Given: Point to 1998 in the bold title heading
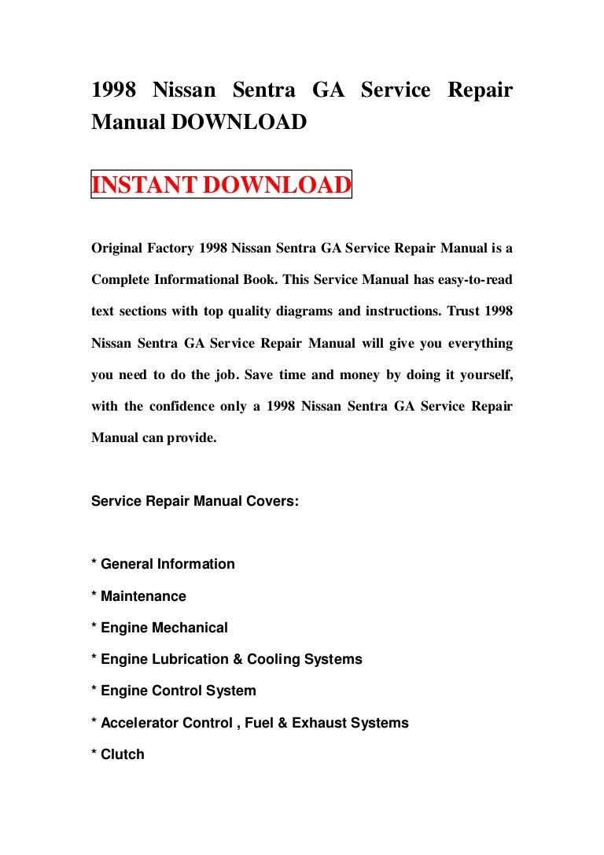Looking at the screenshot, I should (x=114, y=90).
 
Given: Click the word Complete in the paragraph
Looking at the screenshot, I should (x=121, y=280).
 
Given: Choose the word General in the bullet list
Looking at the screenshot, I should (x=127, y=564).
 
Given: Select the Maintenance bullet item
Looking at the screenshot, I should (x=143, y=596).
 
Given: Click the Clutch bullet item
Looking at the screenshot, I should (x=123, y=754).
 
